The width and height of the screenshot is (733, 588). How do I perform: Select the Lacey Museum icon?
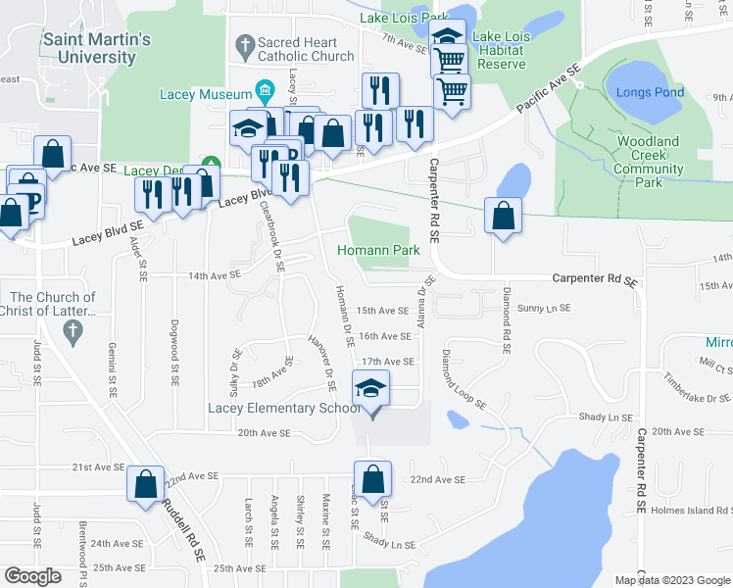click(x=264, y=93)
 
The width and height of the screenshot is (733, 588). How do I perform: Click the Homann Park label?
click(x=378, y=250)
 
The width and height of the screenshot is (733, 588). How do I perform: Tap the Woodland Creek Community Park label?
click(x=648, y=162)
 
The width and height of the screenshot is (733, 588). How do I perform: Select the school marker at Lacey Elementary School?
click(x=371, y=389)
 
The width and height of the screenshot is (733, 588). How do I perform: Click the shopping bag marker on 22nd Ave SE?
click(x=372, y=480)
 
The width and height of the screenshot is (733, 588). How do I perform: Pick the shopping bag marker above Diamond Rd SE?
click(x=503, y=218)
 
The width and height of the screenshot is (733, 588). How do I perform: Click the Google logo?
click(x=32, y=576)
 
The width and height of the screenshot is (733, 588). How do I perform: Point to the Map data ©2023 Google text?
click(x=673, y=580)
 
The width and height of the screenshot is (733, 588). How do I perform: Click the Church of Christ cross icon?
click(x=70, y=331)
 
